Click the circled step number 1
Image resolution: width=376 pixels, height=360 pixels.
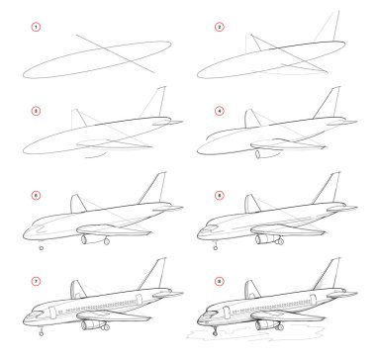[36, 27]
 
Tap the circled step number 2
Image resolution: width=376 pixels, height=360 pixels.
[220, 27]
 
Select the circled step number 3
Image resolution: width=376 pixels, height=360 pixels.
[36, 111]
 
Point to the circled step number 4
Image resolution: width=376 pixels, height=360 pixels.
[220, 111]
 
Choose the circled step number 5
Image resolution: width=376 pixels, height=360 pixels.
[36, 196]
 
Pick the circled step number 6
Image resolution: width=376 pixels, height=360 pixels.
[220, 196]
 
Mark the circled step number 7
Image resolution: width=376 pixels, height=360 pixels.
[36, 281]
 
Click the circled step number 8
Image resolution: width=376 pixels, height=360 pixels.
[220, 281]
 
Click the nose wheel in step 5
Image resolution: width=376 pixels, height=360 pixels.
[42, 248]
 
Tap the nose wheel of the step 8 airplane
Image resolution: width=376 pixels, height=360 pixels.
[215, 333]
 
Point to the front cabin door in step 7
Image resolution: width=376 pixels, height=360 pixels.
[52, 313]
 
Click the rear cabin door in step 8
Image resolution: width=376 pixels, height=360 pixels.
[313, 300]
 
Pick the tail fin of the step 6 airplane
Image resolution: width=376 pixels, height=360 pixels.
[327, 188]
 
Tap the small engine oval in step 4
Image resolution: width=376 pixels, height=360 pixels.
[258, 154]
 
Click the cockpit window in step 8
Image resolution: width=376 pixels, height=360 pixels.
[212, 313]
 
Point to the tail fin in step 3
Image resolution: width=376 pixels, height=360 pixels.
[152, 102]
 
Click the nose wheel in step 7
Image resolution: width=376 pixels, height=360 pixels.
[42, 333]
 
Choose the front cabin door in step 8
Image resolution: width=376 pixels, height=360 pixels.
[227, 313]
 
